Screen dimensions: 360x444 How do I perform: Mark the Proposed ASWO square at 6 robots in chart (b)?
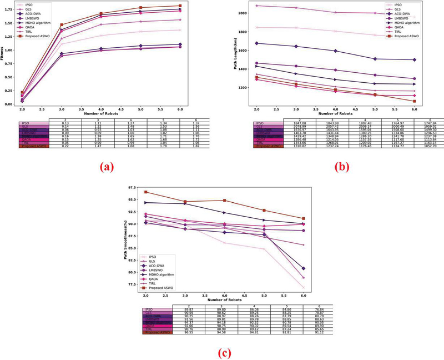pos(415,101)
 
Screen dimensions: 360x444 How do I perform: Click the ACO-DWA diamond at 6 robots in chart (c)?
pos(304,268)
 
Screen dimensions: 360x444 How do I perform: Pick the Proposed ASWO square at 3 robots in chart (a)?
pos(62,25)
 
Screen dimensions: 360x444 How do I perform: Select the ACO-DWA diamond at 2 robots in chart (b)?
pos(256,43)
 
